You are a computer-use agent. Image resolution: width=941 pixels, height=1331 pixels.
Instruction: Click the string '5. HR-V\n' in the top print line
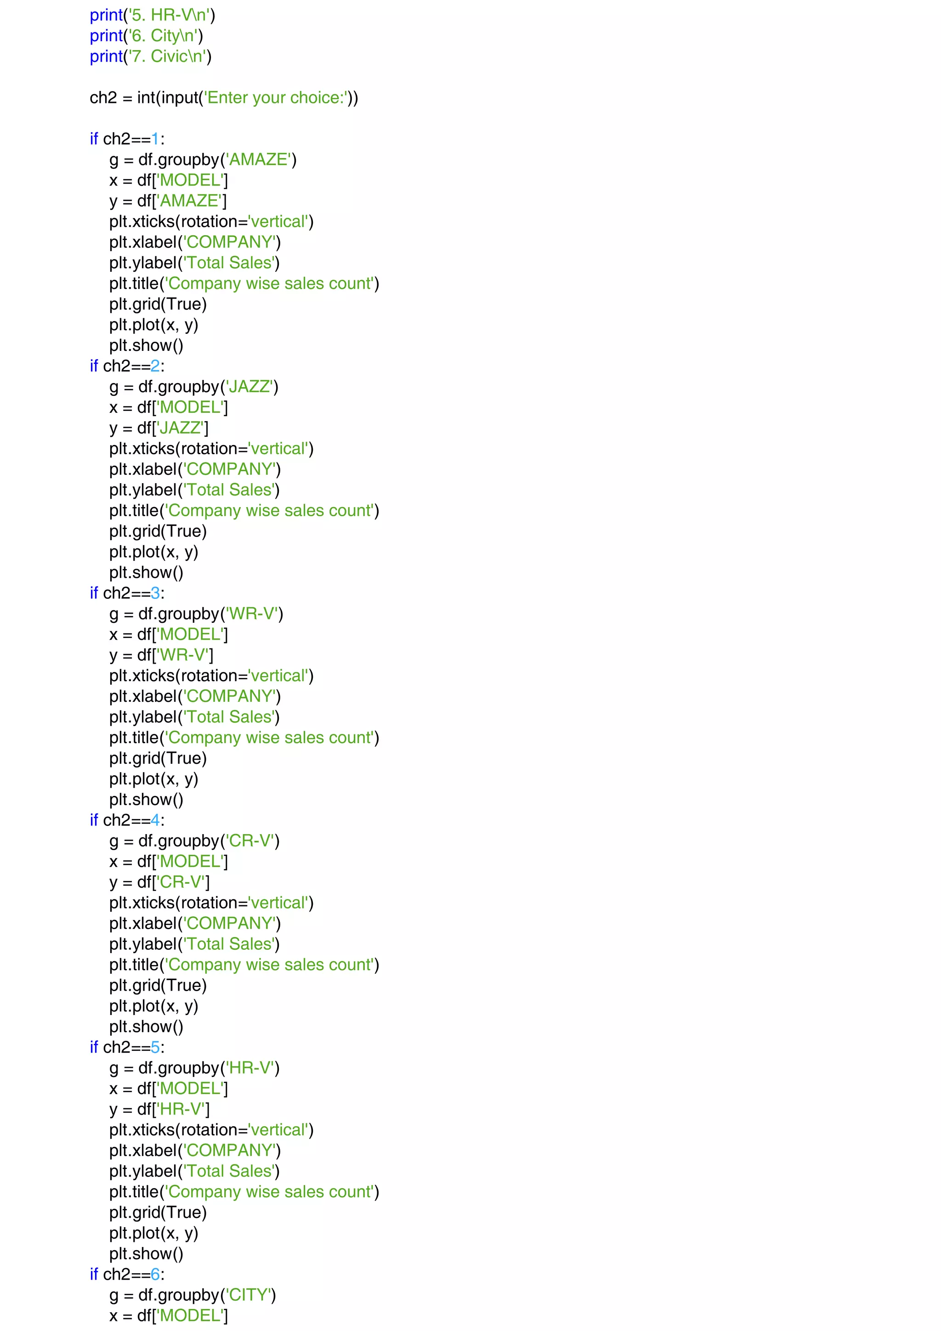[x=169, y=15]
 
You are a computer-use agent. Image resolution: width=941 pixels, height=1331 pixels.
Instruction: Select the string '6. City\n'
[x=163, y=36]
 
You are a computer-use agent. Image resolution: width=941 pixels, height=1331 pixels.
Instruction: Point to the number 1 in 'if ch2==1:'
[x=155, y=139]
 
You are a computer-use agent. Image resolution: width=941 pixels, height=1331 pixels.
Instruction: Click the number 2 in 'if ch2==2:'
[x=155, y=367]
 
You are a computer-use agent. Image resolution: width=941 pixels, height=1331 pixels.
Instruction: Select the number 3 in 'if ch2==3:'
[x=155, y=593]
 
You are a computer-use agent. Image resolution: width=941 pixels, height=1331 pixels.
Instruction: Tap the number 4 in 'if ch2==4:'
[x=155, y=821]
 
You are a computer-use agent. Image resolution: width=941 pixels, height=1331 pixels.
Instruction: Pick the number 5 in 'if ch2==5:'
[x=155, y=1048]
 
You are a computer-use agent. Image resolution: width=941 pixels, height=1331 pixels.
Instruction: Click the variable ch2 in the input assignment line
[x=103, y=98]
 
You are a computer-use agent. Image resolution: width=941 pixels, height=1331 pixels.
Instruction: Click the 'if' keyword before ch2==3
[x=94, y=593]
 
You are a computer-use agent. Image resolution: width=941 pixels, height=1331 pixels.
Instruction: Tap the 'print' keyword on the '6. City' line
[x=106, y=36]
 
